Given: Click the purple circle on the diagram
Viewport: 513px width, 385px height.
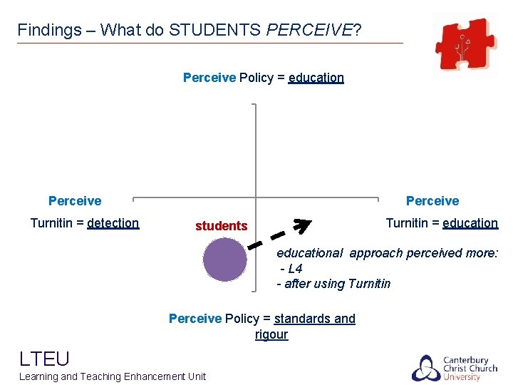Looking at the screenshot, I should (224, 260).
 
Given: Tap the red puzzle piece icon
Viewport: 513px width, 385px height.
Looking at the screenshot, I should (466, 44).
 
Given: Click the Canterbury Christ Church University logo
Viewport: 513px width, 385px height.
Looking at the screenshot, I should (455, 367).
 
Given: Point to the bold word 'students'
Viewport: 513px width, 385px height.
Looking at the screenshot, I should (221, 226).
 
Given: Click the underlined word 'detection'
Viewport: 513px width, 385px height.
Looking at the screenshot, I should (113, 223).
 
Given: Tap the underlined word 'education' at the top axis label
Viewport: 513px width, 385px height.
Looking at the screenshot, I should (316, 78).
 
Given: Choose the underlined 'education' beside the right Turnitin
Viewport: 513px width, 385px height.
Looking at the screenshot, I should (470, 223).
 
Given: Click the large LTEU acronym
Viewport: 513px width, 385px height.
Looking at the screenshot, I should (44, 358).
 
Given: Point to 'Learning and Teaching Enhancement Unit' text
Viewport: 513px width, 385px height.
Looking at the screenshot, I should (113, 376).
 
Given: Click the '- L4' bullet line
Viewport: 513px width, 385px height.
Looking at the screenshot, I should (291, 269).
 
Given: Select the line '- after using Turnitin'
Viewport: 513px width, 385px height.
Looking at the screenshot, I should (333, 284).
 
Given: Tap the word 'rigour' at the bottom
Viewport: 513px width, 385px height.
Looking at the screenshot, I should (271, 334).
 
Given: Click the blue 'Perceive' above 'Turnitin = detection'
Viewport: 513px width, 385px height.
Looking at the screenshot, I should (75, 201).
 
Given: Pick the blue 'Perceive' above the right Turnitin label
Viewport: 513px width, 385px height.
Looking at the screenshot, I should (432, 201).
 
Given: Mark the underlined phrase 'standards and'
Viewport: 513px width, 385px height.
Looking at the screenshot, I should (314, 319).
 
